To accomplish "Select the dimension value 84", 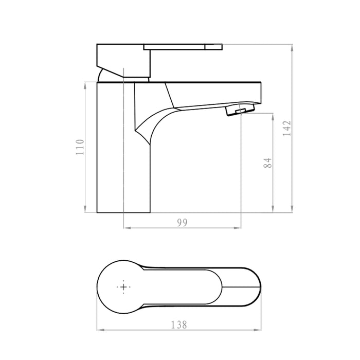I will coord(266,163).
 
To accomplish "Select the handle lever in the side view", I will coord(183,47).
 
